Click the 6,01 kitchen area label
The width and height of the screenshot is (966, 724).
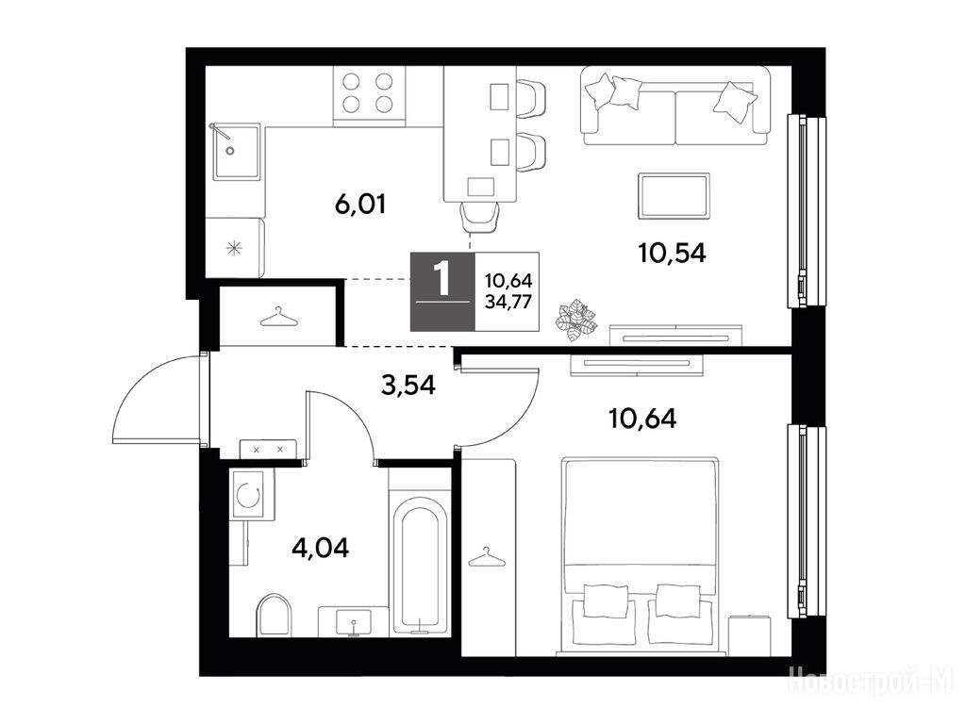point(360,205)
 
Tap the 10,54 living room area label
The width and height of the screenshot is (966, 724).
point(672,253)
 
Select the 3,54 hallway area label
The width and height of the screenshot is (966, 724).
point(408,386)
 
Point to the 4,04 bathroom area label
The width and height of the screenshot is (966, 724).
point(321,548)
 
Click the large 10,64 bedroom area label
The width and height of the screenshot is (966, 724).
point(642,419)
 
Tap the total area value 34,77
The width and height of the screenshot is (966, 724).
point(508,302)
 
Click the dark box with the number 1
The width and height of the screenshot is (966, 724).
point(443,292)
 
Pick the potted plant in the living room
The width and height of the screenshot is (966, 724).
point(577,319)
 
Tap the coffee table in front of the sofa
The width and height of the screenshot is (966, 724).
point(674,196)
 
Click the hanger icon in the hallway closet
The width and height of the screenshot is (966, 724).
point(279,317)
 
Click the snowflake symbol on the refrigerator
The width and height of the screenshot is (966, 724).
point(234,249)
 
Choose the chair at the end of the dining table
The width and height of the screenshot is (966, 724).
point(480,218)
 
